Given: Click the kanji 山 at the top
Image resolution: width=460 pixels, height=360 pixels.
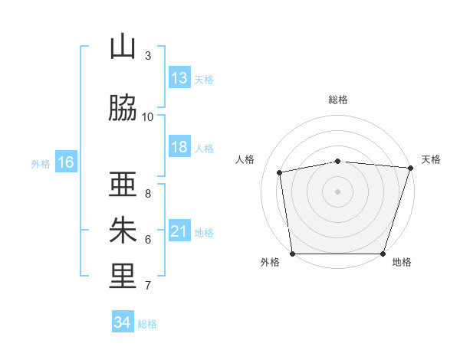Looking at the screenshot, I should (x=123, y=47).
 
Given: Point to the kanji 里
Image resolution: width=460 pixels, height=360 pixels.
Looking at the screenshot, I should (x=123, y=277).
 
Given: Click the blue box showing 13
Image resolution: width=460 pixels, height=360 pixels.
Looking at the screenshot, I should (x=179, y=78).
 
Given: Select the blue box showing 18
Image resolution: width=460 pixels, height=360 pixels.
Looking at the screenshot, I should (x=179, y=147).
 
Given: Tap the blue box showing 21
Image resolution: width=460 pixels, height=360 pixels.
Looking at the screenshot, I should (x=179, y=231).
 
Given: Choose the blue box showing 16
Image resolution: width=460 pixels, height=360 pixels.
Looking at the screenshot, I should (x=65, y=162).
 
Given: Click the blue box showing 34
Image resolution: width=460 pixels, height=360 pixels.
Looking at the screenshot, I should (x=123, y=322).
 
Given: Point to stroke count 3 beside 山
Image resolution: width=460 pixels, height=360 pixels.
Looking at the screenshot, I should (x=148, y=56).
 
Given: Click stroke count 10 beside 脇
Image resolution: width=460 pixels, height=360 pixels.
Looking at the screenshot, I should (x=148, y=116).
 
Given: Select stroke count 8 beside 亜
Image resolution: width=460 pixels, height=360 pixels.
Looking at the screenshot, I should (x=148, y=193).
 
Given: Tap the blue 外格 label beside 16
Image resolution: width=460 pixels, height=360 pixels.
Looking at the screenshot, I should (x=41, y=163).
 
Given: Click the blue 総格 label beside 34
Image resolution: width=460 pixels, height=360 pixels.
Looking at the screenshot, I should (x=147, y=324).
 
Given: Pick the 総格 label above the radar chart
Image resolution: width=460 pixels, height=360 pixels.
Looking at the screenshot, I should (x=338, y=100).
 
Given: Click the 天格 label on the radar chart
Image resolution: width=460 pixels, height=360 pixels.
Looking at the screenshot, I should (x=431, y=159).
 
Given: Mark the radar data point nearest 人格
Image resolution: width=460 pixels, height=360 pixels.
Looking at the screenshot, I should (x=280, y=172).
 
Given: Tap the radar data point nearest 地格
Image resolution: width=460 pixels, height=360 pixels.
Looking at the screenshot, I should (x=383, y=254).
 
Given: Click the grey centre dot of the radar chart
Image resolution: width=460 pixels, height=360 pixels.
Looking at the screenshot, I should (x=338, y=191).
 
